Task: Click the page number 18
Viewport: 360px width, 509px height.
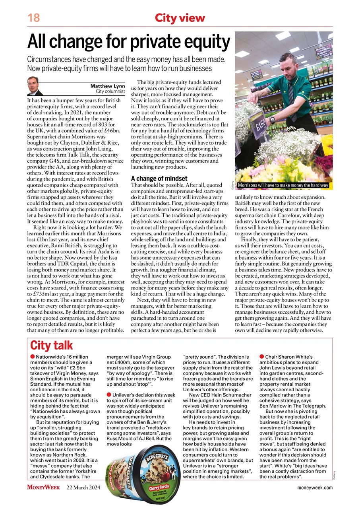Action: point(33,18)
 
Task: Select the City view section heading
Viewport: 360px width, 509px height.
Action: point(180,18)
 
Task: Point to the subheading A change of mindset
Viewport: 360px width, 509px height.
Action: point(159,179)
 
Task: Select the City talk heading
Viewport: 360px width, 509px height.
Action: point(52,345)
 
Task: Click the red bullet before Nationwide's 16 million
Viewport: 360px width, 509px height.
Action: point(33,357)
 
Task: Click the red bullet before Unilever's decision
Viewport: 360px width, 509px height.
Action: point(109,394)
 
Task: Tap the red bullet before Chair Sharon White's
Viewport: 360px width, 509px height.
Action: point(261,357)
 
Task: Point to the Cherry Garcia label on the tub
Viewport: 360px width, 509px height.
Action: point(160,488)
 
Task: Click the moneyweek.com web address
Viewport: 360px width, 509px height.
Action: point(315,488)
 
